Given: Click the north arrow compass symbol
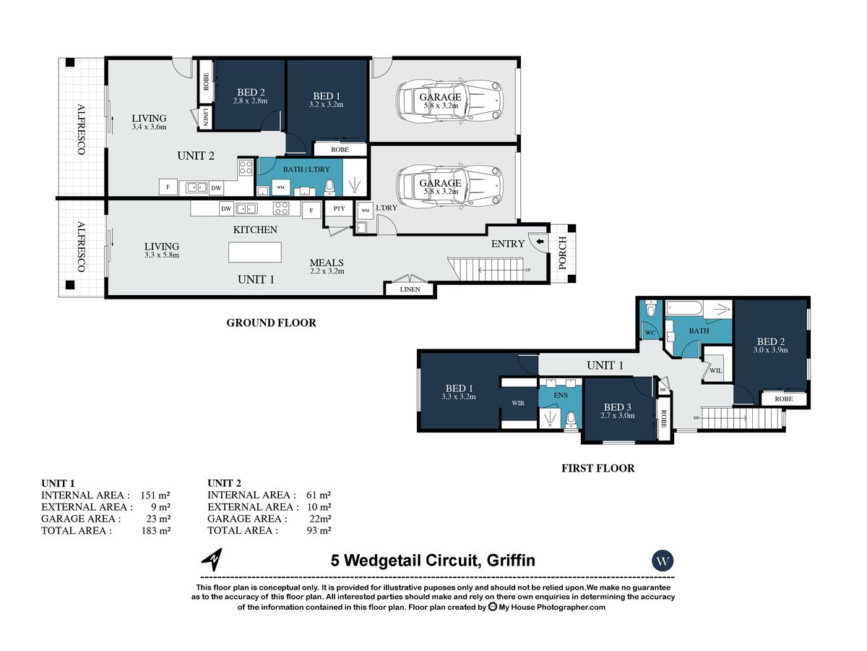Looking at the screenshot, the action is (x=212, y=560).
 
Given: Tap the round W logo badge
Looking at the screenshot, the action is (x=663, y=561).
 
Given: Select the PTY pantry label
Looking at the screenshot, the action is (x=339, y=208).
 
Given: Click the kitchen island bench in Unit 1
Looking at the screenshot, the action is (x=255, y=252).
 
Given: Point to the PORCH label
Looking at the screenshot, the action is (x=562, y=253).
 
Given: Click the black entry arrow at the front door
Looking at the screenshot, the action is (x=540, y=241).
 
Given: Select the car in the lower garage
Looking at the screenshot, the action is (x=449, y=187).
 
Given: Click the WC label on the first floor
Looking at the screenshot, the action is (x=650, y=333).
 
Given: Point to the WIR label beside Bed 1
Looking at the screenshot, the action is (x=518, y=403).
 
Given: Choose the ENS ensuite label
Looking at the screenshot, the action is (x=561, y=395).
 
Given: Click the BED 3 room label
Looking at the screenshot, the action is (x=617, y=407).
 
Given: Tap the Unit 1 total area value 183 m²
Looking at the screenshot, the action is (x=155, y=530).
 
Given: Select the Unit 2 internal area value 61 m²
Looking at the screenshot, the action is (x=319, y=495).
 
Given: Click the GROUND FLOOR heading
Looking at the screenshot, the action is (x=272, y=323).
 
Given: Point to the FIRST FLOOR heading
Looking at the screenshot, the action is (x=598, y=469).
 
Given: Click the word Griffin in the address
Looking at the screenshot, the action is (x=511, y=561).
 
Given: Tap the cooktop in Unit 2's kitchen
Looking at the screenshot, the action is (x=245, y=168).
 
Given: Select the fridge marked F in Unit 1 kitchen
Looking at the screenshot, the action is (x=311, y=210).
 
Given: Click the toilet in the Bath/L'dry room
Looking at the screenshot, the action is (x=329, y=187).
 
